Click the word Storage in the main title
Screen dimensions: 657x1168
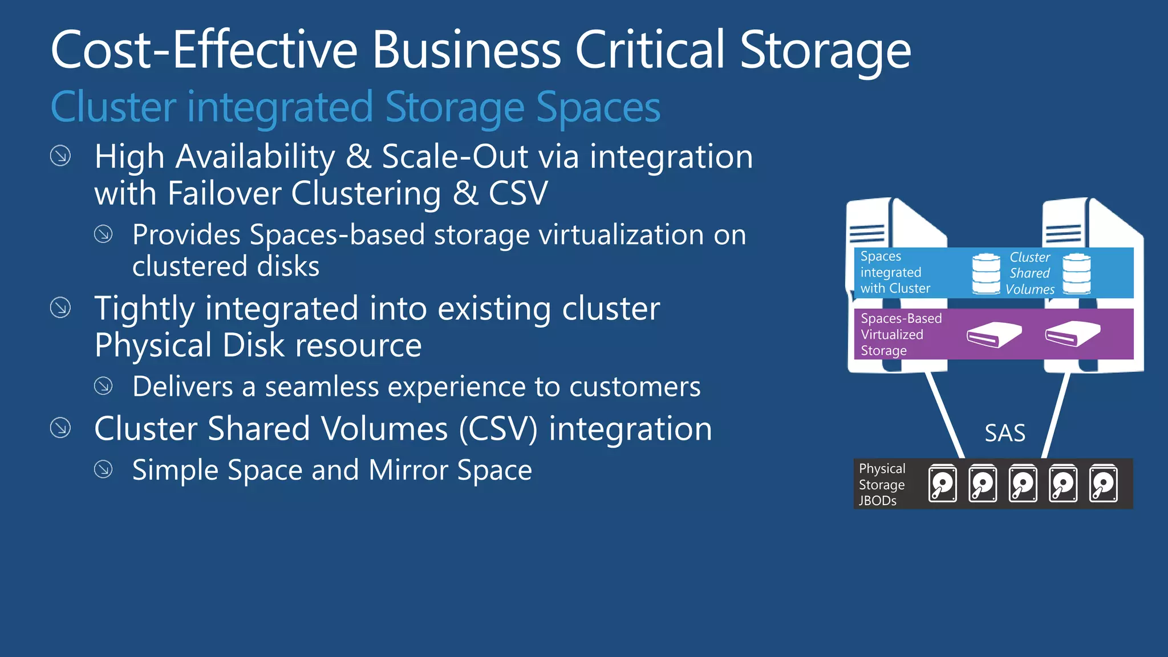coord(825,51)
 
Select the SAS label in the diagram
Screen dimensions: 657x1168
coord(1005,433)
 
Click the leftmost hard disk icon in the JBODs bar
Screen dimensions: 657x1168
coord(942,484)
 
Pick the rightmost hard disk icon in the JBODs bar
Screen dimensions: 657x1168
coord(1103,484)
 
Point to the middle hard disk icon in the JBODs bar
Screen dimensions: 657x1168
coord(1023,484)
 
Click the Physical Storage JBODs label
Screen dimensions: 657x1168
coord(882,484)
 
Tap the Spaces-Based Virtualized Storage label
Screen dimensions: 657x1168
coord(901,334)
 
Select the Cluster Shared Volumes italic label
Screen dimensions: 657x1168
coord(1029,273)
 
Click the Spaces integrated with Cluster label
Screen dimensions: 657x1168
coord(895,272)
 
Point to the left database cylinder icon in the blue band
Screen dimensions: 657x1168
coord(986,274)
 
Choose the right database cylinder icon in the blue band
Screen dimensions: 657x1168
coord(1077,273)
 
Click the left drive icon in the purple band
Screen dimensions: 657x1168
coord(994,334)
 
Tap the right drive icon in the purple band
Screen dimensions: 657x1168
coord(1072,334)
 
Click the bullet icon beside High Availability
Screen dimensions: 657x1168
coord(60,156)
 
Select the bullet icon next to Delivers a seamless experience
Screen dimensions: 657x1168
coord(103,386)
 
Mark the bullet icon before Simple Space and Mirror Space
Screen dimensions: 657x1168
coord(103,469)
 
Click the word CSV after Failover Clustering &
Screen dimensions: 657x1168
coord(518,193)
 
